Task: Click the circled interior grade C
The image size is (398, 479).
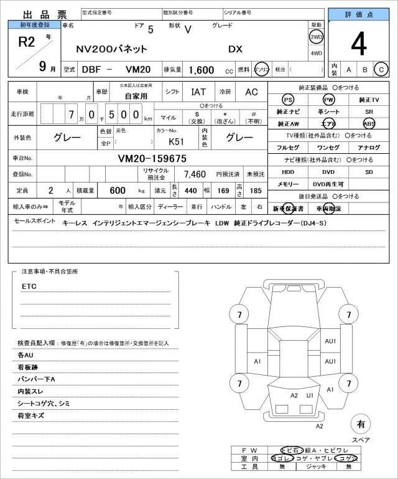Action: click(x=381, y=69)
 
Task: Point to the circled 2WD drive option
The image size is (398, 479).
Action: click(x=316, y=37)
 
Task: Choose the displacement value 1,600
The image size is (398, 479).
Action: click(x=201, y=70)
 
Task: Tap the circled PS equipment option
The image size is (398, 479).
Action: click(x=287, y=100)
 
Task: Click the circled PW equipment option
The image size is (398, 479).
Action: click(x=328, y=100)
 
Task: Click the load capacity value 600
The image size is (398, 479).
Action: click(x=118, y=189)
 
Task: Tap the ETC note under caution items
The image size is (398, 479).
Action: click(x=29, y=286)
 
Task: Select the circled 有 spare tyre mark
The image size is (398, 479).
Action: click(x=360, y=425)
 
